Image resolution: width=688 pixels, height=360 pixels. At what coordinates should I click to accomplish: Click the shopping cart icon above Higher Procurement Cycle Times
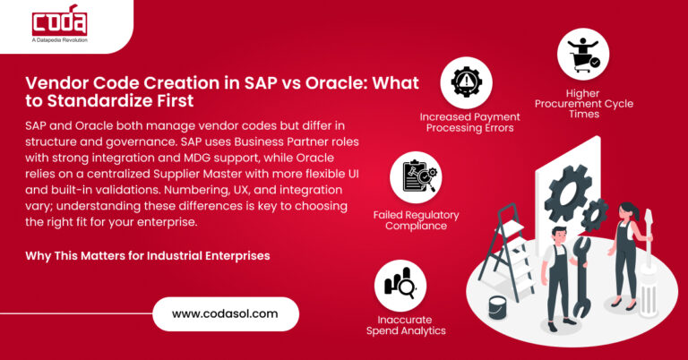(x=583, y=54)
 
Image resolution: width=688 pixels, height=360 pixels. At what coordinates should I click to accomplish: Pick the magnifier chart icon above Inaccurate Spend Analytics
(x=400, y=286)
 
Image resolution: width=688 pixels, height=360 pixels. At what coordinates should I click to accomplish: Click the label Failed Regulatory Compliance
(x=416, y=221)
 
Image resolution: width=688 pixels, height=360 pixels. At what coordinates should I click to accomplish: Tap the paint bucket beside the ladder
(x=498, y=307)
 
